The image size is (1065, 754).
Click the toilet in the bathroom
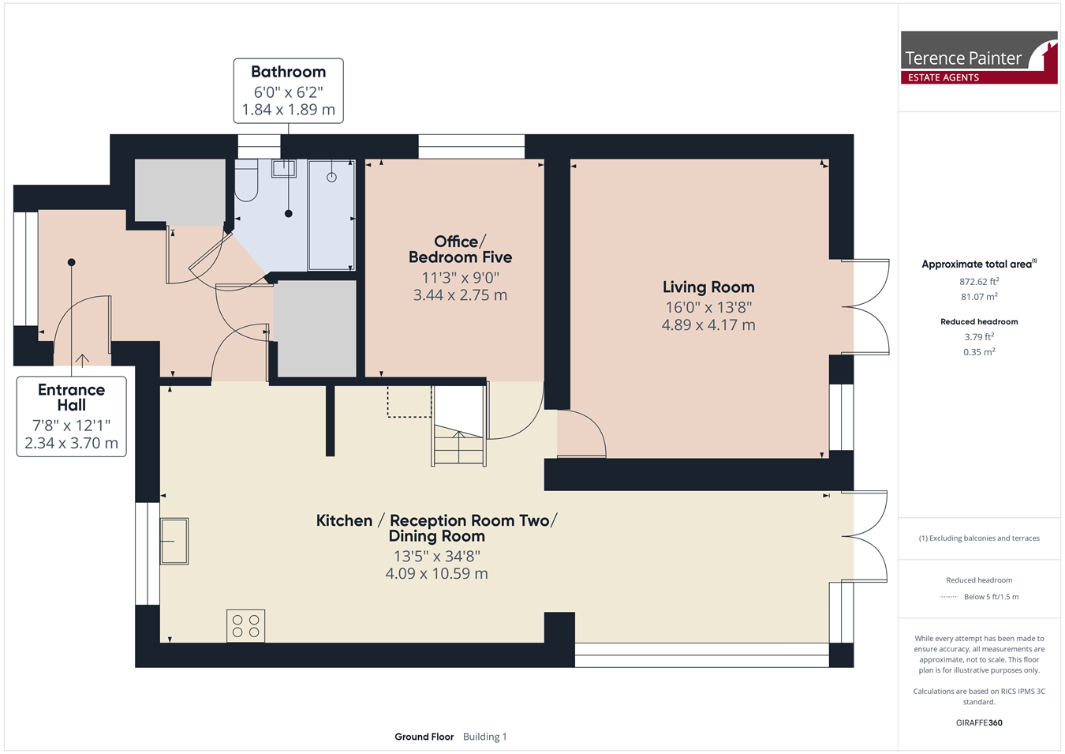[246, 180]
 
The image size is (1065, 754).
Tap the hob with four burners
[245, 625]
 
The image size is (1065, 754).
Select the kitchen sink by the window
[174, 542]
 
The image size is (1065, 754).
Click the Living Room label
[708, 287]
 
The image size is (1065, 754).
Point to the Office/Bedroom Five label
[460, 249]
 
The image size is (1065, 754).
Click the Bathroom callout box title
[288, 72]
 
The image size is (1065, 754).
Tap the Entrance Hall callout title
[71, 397]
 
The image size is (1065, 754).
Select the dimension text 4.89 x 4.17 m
[708, 325]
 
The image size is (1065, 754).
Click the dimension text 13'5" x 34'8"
[436, 556]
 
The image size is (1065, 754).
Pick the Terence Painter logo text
[962, 58]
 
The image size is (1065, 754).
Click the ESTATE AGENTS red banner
[979, 77]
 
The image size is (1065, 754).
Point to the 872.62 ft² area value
[979, 281]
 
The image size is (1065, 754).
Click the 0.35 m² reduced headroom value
[979, 352]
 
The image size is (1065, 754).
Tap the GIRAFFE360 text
[979, 722]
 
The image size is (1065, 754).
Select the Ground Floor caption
[424, 737]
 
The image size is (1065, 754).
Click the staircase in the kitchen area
[459, 426]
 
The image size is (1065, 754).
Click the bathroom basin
[284, 168]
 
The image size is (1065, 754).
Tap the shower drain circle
[331, 177]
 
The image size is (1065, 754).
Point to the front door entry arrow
[82, 361]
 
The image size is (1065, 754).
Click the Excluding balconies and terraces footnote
[979, 538]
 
